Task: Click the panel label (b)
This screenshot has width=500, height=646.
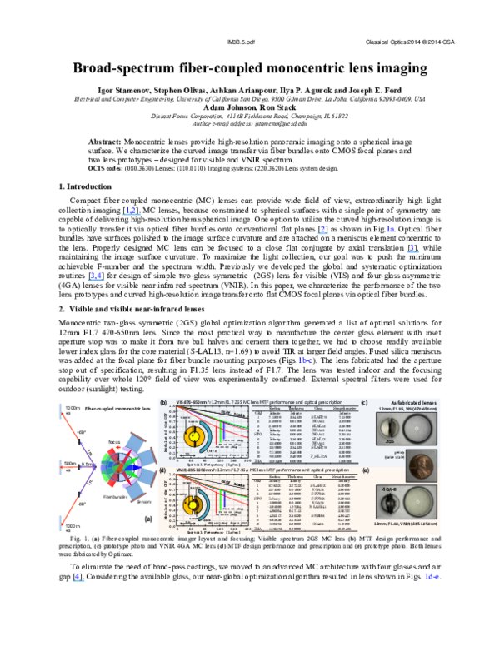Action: pos(163,401)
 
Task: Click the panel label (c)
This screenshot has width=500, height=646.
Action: pos(364,402)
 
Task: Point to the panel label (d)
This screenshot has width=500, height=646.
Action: pos(163,469)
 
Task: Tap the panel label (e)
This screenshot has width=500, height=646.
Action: pos(364,470)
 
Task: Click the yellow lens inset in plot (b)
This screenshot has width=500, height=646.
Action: pos(194,434)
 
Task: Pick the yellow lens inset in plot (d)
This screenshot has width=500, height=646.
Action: pos(195,503)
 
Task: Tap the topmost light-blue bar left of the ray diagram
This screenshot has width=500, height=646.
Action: pos(60,410)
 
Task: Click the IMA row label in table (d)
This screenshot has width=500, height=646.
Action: pos(257,530)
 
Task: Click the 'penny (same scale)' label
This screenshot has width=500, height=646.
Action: pos(408,447)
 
